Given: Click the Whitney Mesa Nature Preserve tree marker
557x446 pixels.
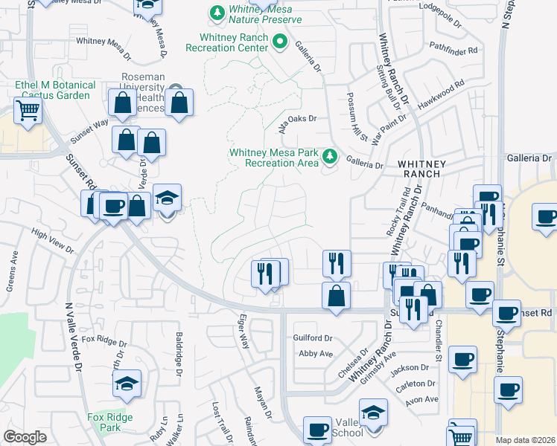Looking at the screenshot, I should coord(217,13).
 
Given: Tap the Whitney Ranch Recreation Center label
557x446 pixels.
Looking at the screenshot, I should coord(233,42).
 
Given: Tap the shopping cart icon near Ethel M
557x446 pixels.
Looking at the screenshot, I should coord(28,111).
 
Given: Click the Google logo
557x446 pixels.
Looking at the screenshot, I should coord(25,437).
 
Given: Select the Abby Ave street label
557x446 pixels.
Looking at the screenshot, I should coord(315,354).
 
